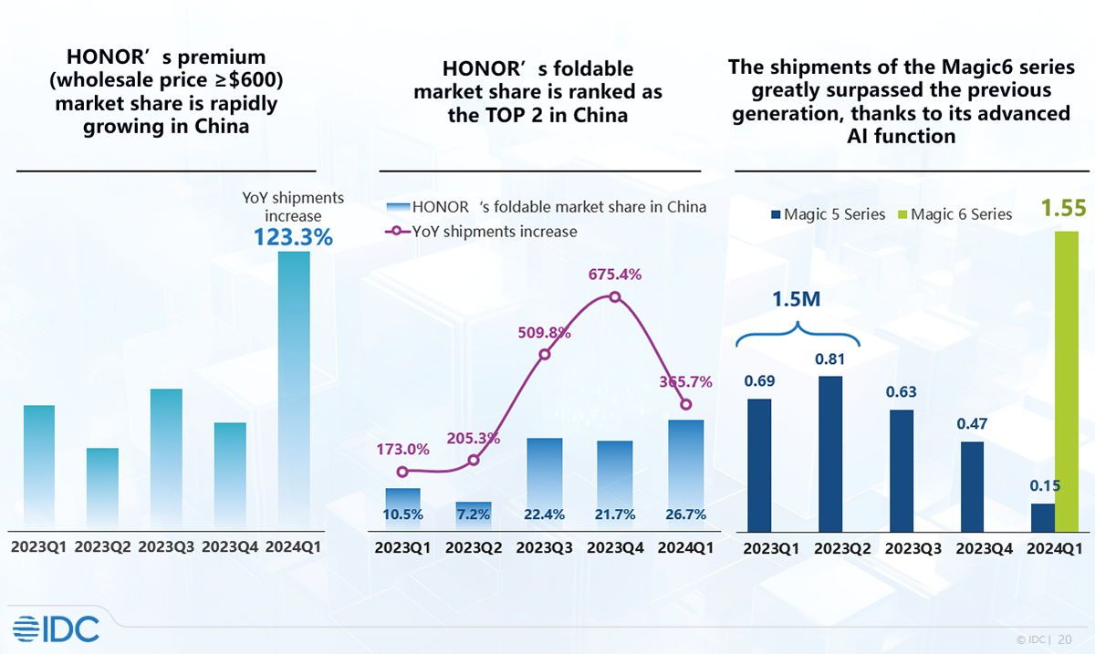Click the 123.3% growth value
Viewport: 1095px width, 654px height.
click(293, 237)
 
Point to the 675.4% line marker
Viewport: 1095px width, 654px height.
click(615, 297)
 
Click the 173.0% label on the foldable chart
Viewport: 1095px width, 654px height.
click(402, 449)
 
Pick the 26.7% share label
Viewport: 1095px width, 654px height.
click(686, 514)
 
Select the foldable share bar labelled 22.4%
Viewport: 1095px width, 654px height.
click(545, 483)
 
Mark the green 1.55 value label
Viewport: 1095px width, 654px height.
click(1064, 208)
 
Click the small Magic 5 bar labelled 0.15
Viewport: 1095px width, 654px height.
click(1042, 517)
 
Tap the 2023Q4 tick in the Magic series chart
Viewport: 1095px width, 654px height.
click(972, 549)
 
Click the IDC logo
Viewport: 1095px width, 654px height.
click(57, 628)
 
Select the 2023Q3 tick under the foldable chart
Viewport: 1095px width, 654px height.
click(545, 548)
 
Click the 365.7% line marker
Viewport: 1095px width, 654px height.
click(686, 405)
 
